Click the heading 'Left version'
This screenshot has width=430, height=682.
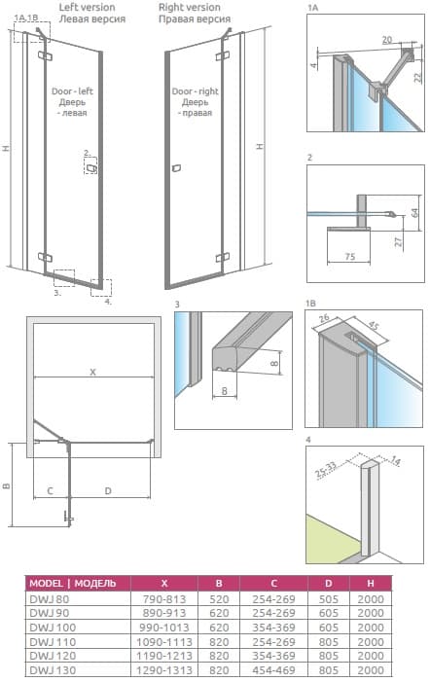[87, 8]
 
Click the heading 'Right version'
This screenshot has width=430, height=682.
[189, 8]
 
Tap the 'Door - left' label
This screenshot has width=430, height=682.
[72, 91]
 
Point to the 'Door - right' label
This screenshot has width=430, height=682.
[195, 91]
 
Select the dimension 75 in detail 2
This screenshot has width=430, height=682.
[350, 257]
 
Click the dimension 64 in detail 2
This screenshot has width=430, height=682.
[415, 213]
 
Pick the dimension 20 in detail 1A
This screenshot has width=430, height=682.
[387, 40]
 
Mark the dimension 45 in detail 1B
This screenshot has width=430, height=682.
[372, 326]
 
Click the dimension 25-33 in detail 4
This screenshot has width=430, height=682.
[326, 470]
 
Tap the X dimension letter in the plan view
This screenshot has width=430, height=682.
[92, 372]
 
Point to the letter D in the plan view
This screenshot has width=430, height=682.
[108, 491]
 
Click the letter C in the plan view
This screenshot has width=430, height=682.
[50, 491]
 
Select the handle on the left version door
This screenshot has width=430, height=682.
[91, 168]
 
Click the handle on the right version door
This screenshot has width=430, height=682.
[176, 168]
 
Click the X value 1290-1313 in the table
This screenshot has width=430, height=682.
[164, 670]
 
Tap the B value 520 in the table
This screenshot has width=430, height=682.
[219, 599]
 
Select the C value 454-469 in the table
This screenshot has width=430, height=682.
[274, 670]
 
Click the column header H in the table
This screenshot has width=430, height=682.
[371, 584]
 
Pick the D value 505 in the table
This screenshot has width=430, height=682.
[328, 599]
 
